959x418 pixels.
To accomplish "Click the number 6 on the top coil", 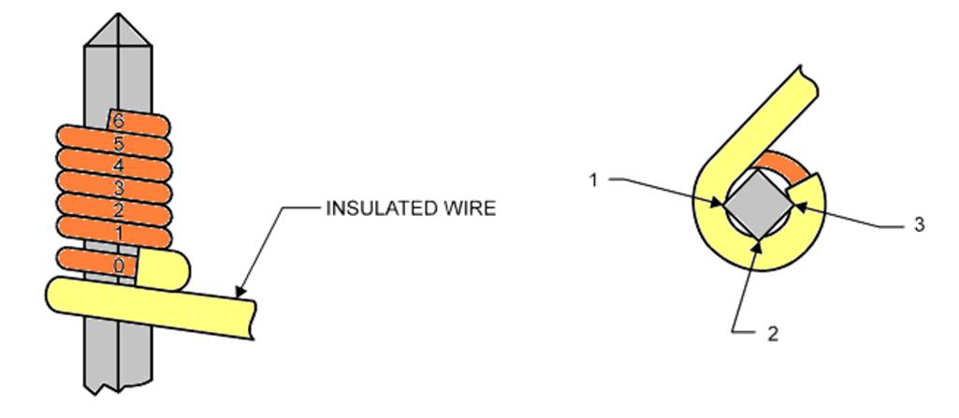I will coord(117,121).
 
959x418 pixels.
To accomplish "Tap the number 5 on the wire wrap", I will coord(117,143).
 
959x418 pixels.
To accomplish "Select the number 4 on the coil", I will coord(117,165).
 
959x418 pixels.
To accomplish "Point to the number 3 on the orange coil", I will coord(117,186).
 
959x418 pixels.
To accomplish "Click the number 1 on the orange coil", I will coord(117,230).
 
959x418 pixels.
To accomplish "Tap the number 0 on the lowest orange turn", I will coord(118,266).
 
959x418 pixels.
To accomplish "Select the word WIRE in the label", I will coord(469,209).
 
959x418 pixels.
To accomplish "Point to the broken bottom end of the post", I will coord(119,386).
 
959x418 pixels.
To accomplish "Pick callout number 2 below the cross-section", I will coord(773,332).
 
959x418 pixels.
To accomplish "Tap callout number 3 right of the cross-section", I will coord(919,225).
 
